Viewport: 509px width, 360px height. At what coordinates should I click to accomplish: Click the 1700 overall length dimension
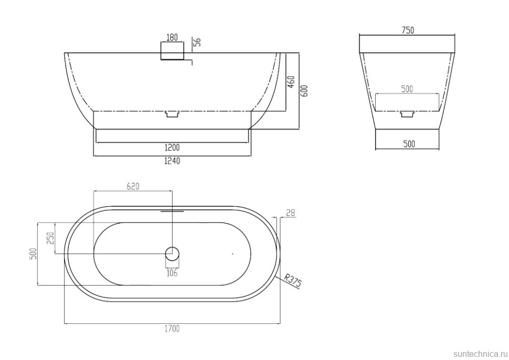(172, 329)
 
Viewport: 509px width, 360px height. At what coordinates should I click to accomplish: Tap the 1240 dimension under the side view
(172, 161)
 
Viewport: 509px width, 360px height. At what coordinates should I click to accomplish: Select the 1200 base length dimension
(172, 147)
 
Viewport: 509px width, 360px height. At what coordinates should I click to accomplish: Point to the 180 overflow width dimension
(172, 37)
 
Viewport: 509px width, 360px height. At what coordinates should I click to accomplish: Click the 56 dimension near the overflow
(197, 41)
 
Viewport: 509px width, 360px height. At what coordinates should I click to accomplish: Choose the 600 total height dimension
(304, 91)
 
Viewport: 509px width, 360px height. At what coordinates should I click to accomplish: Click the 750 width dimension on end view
(408, 30)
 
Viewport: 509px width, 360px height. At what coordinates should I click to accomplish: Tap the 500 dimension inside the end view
(407, 89)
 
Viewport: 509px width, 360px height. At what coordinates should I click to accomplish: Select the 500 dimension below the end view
(409, 144)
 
